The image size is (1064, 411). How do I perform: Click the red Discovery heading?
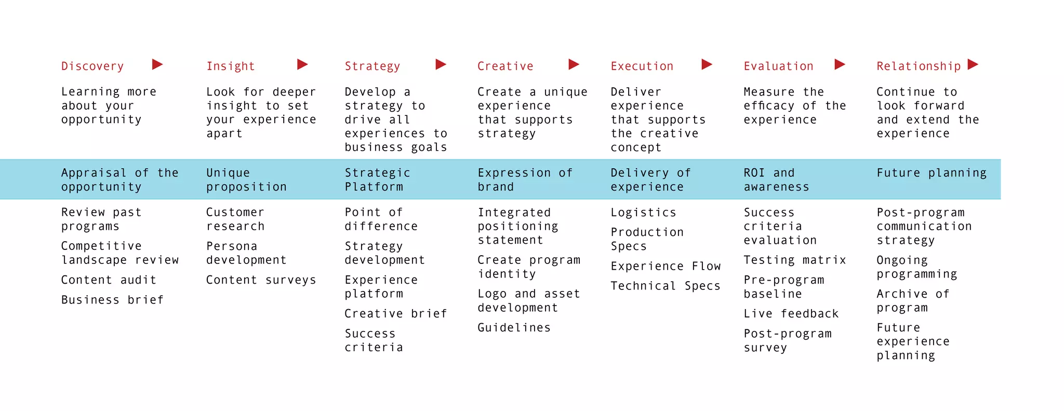(92, 67)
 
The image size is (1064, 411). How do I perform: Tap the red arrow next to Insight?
(302, 64)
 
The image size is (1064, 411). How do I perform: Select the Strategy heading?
(373, 67)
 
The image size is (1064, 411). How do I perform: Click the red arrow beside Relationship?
(973, 64)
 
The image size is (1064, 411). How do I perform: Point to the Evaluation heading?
(778, 67)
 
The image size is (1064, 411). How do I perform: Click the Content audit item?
(109, 280)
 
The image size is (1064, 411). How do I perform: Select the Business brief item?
(112, 300)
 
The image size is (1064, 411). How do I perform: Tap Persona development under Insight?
(246, 253)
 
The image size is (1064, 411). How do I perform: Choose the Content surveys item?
(261, 280)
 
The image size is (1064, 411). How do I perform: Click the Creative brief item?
(395, 314)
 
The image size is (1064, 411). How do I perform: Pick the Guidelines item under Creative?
(514, 328)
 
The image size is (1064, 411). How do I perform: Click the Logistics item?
(643, 213)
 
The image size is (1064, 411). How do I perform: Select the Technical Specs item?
(666, 286)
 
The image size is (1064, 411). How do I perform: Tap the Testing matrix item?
(795, 260)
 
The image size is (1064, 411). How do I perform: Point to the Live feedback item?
(791, 314)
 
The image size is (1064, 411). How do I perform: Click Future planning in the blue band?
(932, 173)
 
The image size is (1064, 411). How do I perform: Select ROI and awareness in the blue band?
(776, 180)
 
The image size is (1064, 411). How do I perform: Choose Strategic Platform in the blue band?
(377, 180)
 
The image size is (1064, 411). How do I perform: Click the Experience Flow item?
(666, 267)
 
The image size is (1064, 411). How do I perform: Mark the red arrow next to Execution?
(707, 64)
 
